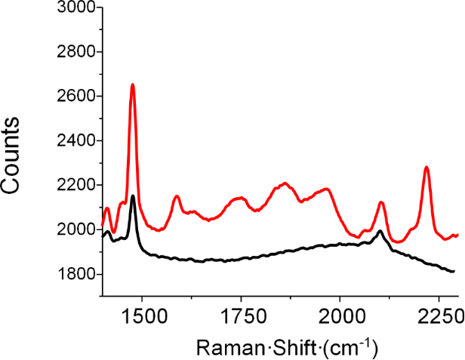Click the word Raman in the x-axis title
point(221,348)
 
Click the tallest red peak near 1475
point(132,85)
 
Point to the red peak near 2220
point(427,168)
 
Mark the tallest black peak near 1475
point(133,196)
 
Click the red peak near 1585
point(176,196)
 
